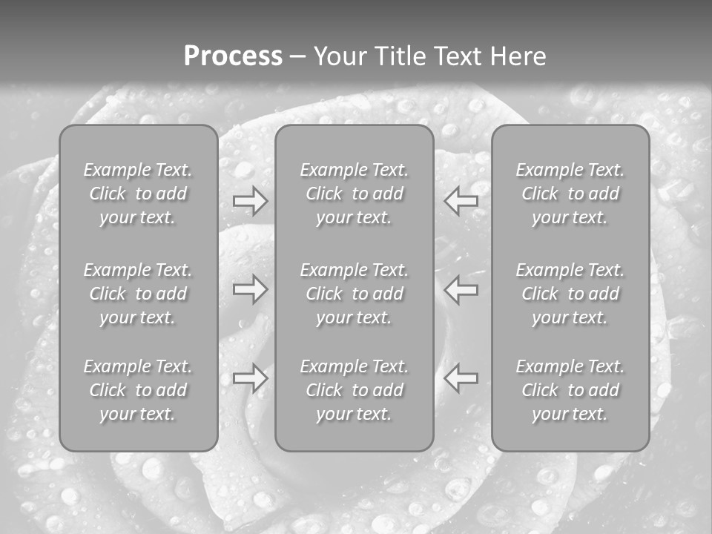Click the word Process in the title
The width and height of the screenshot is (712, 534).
point(233,56)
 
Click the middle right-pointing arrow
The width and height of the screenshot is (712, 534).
point(250,289)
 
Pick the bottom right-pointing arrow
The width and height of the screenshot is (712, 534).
point(250,378)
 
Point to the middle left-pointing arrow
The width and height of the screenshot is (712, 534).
point(461,289)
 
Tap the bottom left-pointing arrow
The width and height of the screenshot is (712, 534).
point(461,378)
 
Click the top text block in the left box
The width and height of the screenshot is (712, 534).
point(138,194)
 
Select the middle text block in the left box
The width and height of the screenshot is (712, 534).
point(138,294)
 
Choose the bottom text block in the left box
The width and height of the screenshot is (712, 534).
point(138,390)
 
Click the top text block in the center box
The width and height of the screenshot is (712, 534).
point(355,194)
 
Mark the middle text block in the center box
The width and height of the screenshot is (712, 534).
point(355,294)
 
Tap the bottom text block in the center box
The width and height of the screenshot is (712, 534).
point(355,390)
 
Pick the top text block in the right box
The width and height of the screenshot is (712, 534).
point(570,194)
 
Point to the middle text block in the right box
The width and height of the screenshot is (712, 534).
point(570,294)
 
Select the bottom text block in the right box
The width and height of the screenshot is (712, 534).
point(570,390)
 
